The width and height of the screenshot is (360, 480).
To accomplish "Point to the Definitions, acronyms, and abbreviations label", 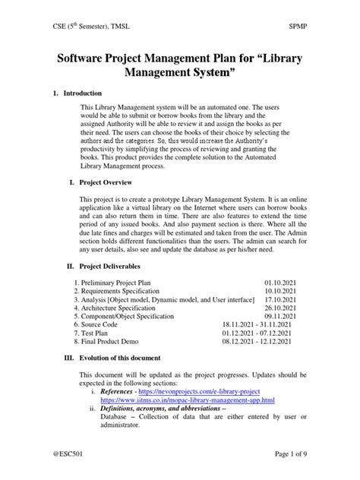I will pyautogui.click(x=163, y=409).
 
